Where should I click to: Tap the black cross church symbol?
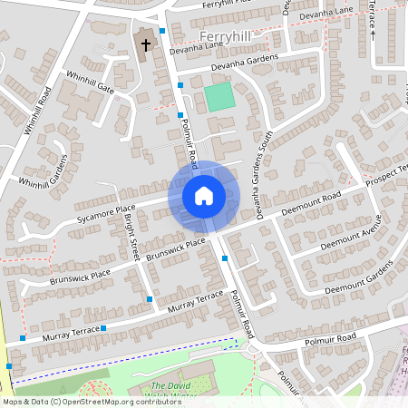tap(145, 44)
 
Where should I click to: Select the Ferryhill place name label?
tap(223, 35)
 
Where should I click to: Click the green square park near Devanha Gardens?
tap(218, 97)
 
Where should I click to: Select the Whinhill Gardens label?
tap(44, 172)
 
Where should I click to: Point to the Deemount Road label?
tap(311, 202)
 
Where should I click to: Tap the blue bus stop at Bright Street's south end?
tap(149, 298)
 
